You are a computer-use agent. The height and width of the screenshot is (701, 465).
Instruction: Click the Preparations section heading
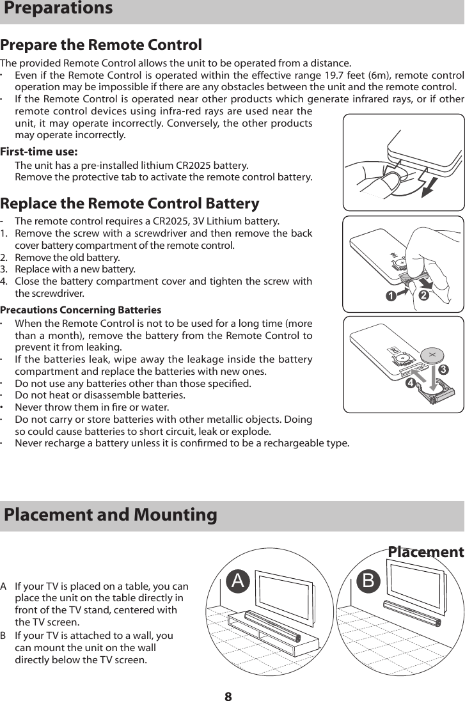(58, 9)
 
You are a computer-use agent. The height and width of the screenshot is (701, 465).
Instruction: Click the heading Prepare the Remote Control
(101, 45)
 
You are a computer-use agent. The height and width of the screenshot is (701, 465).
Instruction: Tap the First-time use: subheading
(40, 152)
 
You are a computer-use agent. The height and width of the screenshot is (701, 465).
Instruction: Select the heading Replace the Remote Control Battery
(130, 203)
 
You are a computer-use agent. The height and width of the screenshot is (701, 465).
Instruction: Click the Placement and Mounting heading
(111, 514)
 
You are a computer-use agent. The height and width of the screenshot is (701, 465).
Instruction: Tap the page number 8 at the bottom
(228, 695)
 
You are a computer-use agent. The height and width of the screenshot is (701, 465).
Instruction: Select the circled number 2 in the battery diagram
(423, 295)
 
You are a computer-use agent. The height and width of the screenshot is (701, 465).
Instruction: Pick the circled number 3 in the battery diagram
(443, 370)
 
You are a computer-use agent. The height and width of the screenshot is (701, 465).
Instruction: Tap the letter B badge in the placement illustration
(369, 581)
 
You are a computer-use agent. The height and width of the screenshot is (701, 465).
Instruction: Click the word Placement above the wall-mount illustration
(425, 552)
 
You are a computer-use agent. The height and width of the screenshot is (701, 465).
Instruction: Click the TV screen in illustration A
(285, 594)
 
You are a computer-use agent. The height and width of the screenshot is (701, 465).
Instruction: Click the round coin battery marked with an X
(432, 355)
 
